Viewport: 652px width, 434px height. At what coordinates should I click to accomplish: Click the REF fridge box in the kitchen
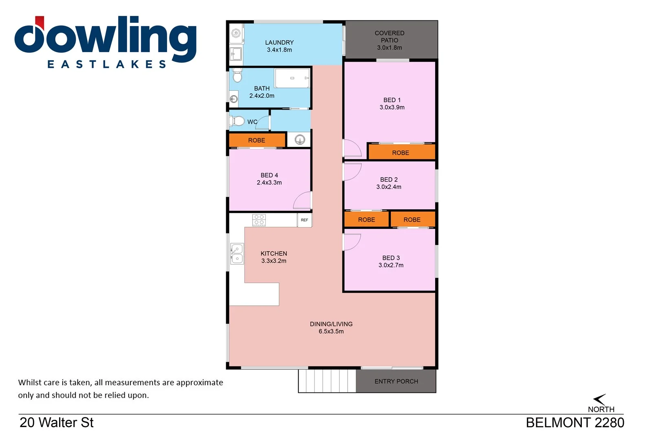tap(304, 220)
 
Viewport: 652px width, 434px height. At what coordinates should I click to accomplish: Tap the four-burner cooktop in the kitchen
tap(259, 220)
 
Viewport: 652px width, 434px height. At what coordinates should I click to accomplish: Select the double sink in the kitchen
tap(237, 254)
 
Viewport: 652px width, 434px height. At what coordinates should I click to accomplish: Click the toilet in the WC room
tap(237, 121)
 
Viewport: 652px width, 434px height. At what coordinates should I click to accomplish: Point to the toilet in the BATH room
tap(237, 76)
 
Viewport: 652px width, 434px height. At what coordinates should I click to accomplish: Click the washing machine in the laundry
tap(236, 33)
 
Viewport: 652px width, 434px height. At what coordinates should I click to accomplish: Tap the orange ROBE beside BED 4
tap(257, 140)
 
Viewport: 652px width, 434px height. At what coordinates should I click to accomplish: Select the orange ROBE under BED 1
tap(401, 153)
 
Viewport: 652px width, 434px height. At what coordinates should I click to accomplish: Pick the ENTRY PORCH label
tap(396, 381)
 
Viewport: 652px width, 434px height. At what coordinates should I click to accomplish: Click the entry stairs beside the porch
tap(327, 381)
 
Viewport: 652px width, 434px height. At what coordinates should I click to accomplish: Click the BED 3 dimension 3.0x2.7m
tap(391, 265)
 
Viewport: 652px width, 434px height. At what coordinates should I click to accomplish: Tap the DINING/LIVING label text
tap(331, 324)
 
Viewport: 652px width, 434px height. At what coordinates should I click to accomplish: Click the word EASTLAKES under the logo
tap(107, 64)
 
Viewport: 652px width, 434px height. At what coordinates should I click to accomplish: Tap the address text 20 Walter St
tap(57, 423)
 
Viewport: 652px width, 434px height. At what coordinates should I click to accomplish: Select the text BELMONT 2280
tap(575, 423)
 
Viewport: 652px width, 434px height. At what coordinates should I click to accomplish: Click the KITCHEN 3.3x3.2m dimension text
tap(274, 261)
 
